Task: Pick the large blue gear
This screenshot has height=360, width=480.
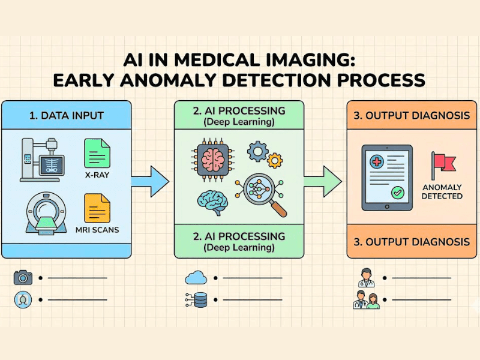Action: tap(257, 151)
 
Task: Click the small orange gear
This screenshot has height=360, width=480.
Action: tap(275, 160)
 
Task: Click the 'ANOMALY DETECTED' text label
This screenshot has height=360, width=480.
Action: tap(442, 191)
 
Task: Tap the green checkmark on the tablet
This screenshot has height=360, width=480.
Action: tap(396, 193)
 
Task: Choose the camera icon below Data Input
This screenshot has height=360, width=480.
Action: tap(23, 277)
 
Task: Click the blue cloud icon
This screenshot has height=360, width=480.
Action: tap(196, 277)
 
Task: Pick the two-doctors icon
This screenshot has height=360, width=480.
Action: tap(366, 299)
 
